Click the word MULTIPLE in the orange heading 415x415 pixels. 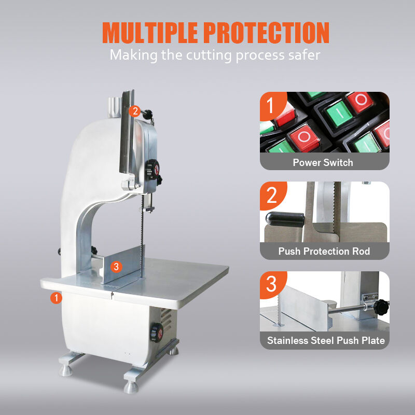[x=150, y=33]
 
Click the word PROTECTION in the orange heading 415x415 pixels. [x=266, y=33]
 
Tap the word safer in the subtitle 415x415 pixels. [x=304, y=55]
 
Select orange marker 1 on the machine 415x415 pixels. [x=56, y=298]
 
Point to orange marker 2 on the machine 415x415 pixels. [x=135, y=111]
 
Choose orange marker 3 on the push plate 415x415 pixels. [x=116, y=267]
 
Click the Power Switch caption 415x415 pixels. [x=323, y=162]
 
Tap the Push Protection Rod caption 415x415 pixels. [x=324, y=251]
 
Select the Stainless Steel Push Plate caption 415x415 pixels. [x=326, y=340]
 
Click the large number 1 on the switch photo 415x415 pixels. [x=270, y=105]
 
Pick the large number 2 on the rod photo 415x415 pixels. [x=271, y=196]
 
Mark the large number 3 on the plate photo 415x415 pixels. [x=271, y=284]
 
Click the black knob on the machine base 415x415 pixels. [x=157, y=333]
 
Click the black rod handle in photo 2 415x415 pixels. [x=285, y=219]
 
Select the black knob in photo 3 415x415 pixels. [x=381, y=307]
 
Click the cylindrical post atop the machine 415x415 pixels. [x=114, y=107]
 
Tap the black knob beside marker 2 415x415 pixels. [x=148, y=114]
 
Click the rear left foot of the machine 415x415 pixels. [x=66, y=370]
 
